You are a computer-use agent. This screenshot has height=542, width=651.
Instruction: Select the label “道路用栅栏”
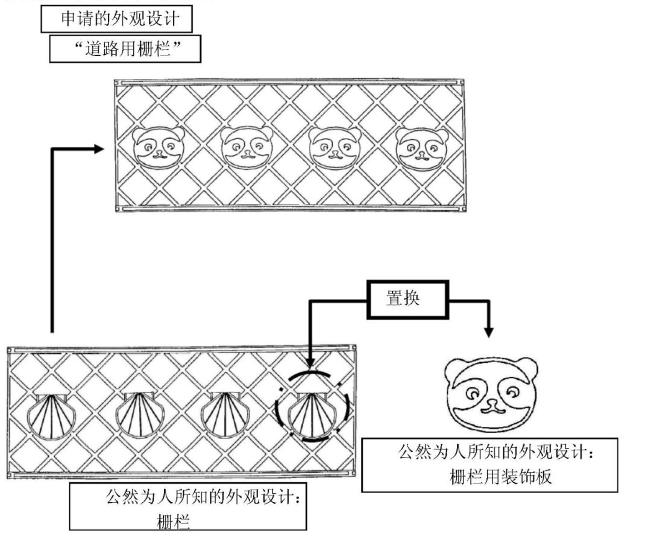(x=125, y=50)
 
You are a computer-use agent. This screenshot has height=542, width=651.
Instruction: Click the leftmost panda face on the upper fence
(x=157, y=147)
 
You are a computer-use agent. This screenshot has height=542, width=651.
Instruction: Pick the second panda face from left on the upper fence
(x=246, y=147)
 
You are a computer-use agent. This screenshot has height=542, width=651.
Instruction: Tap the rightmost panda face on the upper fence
(x=422, y=147)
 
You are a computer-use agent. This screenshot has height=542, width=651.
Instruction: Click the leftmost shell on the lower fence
(x=50, y=416)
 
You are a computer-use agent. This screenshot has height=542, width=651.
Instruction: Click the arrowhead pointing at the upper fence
(x=98, y=148)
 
